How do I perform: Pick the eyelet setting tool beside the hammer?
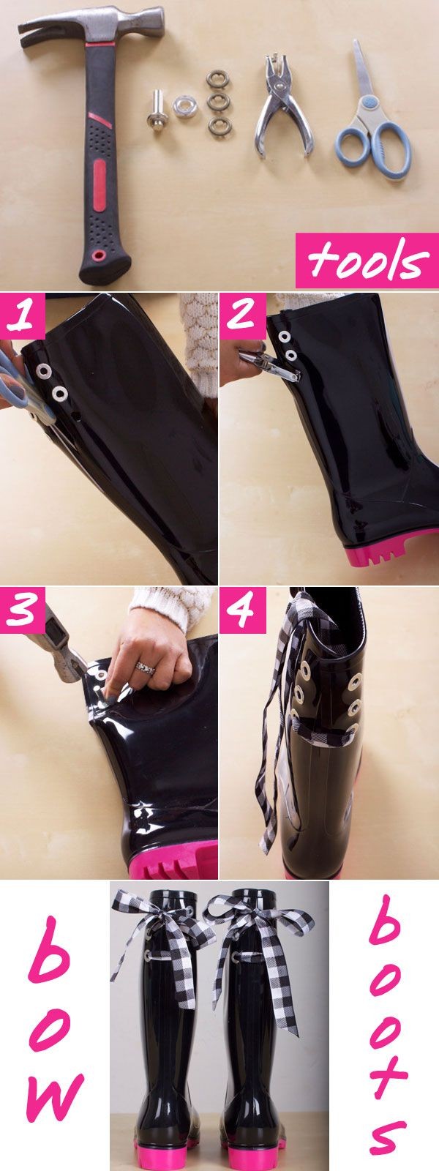pos(160,108)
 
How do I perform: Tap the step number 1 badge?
pos(23,316)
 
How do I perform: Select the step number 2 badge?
pos(242,316)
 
